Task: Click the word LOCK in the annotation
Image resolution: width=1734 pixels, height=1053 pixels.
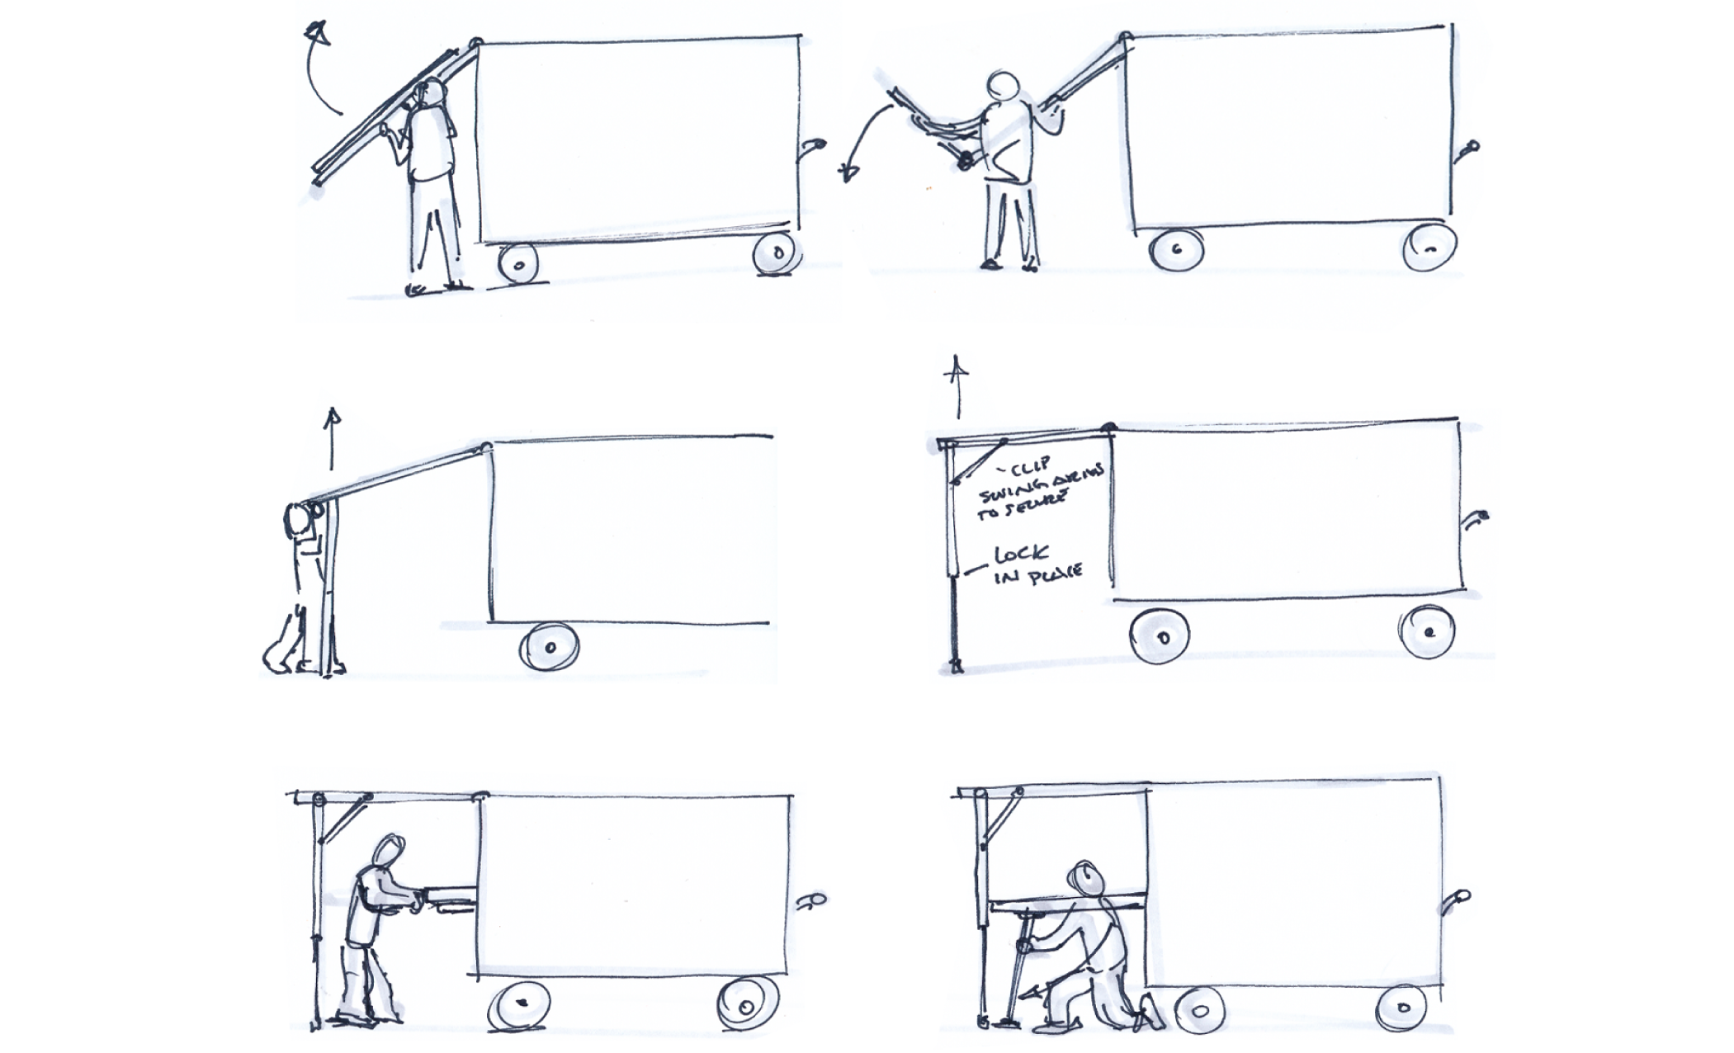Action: pyautogui.click(x=1022, y=554)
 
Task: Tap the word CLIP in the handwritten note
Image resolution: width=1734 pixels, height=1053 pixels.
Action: pyautogui.click(x=1030, y=467)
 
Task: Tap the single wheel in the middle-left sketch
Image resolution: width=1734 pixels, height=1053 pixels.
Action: pyautogui.click(x=549, y=647)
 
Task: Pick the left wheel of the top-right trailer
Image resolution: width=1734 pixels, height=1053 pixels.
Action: pyautogui.click(x=1177, y=248)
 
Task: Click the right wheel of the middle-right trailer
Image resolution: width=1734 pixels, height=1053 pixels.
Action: pyautogui.click(x=1427, y=631)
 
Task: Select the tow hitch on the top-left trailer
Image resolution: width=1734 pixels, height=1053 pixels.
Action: pyautogui.click(x=813, y=147)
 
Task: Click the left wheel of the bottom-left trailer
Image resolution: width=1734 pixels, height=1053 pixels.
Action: pyautogui.click(x=520, y=1004)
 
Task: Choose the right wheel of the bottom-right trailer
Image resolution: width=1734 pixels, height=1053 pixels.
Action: pyautogui.click(x=1402, y=1008)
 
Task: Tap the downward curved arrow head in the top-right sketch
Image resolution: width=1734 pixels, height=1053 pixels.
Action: pyautogui.click(x=848, y=172)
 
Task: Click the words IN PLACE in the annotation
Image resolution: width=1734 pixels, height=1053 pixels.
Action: pyautogui.click(x=1037, y=574)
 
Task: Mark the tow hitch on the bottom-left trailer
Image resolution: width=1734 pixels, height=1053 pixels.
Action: pyautogui.click(x=813, y=900)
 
